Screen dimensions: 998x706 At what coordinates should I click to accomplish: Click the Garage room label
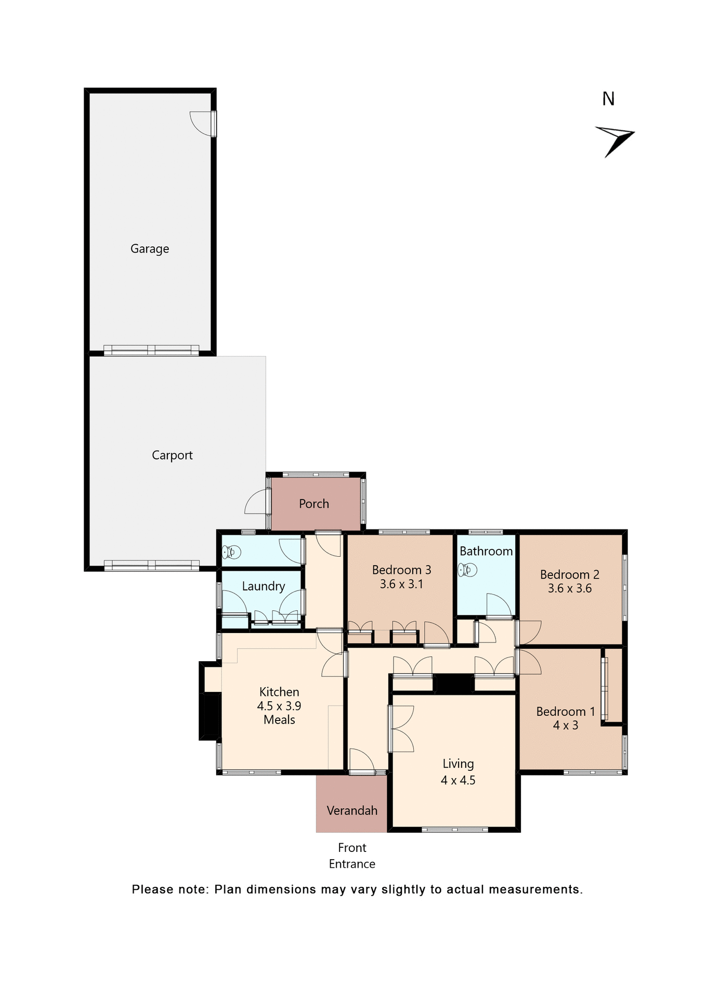point(150,249)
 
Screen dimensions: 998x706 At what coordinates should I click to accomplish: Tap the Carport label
point(172,455)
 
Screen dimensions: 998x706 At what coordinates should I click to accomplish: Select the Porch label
point(314,504)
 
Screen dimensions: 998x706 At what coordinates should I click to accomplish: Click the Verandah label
point(352,810)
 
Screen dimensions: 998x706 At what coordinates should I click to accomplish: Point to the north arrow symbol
point(616,139)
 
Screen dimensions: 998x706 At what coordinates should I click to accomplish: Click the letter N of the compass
point(608,99)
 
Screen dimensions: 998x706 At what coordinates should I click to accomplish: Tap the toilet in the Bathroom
point(467,570)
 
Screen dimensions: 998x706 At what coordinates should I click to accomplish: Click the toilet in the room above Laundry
point(231,551)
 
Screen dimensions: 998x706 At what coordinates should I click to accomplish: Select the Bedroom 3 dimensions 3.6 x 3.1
point(401,584)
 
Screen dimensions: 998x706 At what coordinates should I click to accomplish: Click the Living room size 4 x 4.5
point(458,780)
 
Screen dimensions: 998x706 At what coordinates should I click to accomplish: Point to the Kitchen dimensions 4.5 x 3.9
point(279,706)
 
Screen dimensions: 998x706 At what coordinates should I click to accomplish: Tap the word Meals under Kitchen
point(279,720)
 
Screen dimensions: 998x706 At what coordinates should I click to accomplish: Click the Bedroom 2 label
point(570,574)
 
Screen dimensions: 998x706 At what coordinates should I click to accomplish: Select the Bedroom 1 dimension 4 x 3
point(566,726)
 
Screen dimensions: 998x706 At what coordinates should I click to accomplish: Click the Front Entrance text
point(352,856)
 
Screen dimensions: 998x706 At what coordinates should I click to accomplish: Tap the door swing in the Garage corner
point(202,123)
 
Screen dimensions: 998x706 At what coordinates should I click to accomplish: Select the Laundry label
point(264,586)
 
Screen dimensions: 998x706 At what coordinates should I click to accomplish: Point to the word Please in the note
point(152,889)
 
